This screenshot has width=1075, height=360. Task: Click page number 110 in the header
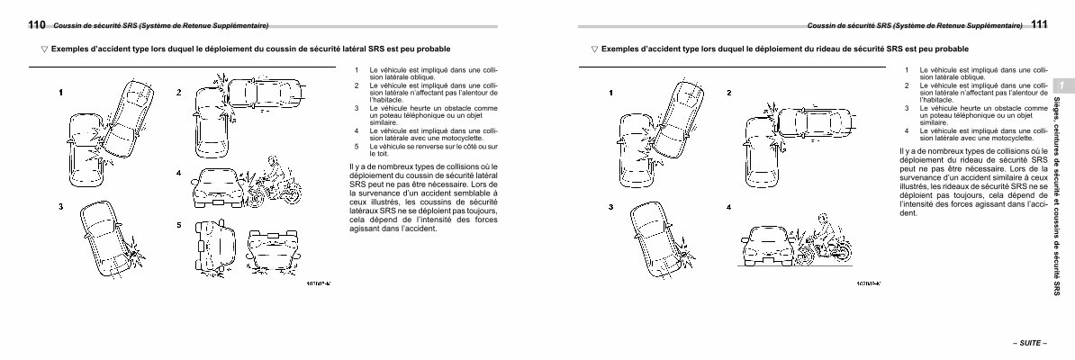(x=37, y=24)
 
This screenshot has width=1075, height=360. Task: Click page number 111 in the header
(x=1041, y=24)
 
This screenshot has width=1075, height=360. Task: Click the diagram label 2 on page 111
(x=728, y=94)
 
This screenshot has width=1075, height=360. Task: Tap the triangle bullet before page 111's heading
(x=593, y=49)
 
